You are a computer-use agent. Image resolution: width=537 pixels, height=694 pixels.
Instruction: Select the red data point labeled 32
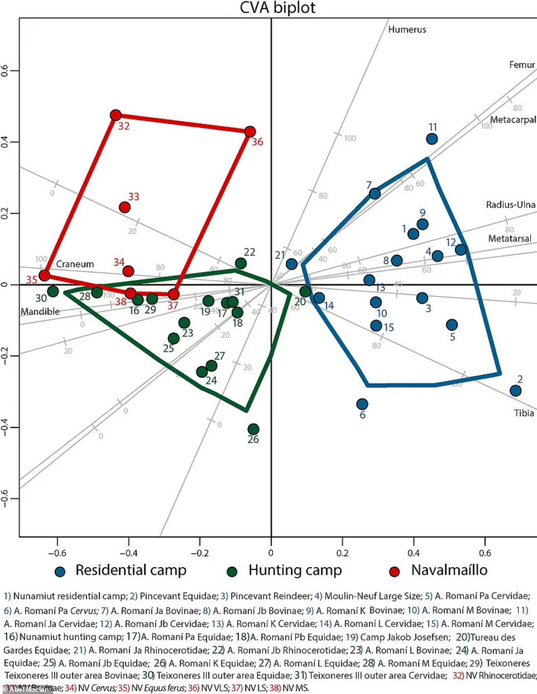[116, 115]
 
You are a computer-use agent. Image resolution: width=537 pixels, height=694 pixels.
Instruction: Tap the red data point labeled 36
[250, 131]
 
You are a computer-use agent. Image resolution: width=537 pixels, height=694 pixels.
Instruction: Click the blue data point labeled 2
[515, 390]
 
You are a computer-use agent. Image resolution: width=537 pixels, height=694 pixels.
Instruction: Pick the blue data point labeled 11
[432, 139]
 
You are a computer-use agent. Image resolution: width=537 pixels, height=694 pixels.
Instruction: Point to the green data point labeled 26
[253, 429]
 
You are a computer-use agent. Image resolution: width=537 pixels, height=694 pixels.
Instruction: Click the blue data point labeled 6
[362, 404]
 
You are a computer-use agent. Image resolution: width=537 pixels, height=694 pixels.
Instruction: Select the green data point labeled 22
[240, 263]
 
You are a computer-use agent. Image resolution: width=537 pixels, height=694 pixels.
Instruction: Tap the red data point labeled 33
[125, 207]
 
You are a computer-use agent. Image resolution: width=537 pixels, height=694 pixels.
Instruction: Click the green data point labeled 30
[53, 291]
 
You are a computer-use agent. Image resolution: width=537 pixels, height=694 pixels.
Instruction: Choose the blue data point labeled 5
[452, 325]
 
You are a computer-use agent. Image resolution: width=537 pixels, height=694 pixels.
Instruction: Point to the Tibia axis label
[524, 413]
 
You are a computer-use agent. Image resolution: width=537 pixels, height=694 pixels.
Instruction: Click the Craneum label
[75, 264]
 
